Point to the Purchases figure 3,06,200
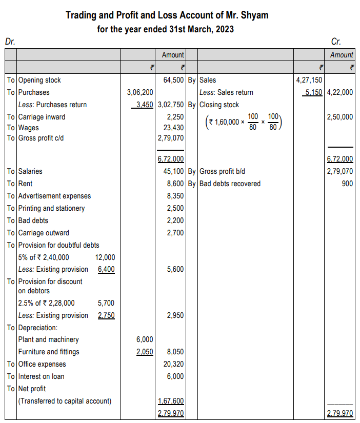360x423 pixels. coord(139,92)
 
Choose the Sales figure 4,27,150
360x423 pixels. coord(309,80)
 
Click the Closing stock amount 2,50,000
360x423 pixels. coord(339,117)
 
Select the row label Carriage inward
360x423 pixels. coord(42,117)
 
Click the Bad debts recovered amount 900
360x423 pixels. coord(347,184)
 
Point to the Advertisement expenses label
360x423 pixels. coord(54,196)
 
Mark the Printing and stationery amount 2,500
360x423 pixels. coord(175,208)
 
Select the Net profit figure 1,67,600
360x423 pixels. coord(171,401)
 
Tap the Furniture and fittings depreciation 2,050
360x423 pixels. coord(144,352)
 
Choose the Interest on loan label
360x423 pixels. coord(41,376)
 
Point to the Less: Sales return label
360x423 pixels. coord(226,92)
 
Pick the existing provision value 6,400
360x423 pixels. coord(106,269)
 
